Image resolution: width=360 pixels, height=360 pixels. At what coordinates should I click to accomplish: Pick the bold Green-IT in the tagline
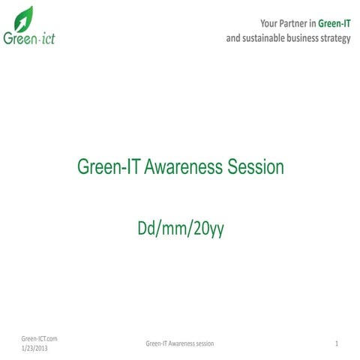pos(334,23)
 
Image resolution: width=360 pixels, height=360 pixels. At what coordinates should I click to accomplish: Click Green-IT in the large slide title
pos(108,167)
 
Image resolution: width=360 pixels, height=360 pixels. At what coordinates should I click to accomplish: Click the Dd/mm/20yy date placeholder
pos(180,229)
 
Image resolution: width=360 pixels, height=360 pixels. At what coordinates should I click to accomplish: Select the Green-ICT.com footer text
pos(40,338)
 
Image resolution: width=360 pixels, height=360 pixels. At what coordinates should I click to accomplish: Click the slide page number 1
pos(338,343)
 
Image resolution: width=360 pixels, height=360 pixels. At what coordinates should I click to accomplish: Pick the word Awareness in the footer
pos(182,343)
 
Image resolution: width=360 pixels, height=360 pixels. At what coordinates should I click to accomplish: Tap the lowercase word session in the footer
pos(205,343)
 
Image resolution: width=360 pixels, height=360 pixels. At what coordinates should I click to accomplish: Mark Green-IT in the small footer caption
pos(156,343)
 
